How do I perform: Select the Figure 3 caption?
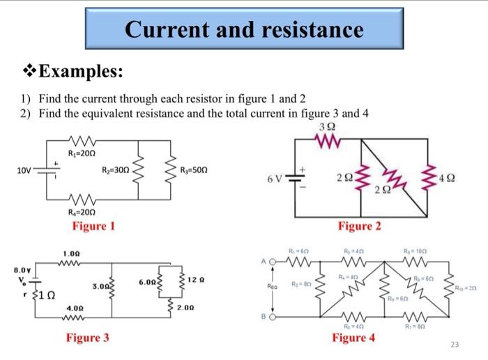pyautogui.click(x=88, y=338)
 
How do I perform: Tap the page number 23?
pyautogui.click(x=455, y=344)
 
